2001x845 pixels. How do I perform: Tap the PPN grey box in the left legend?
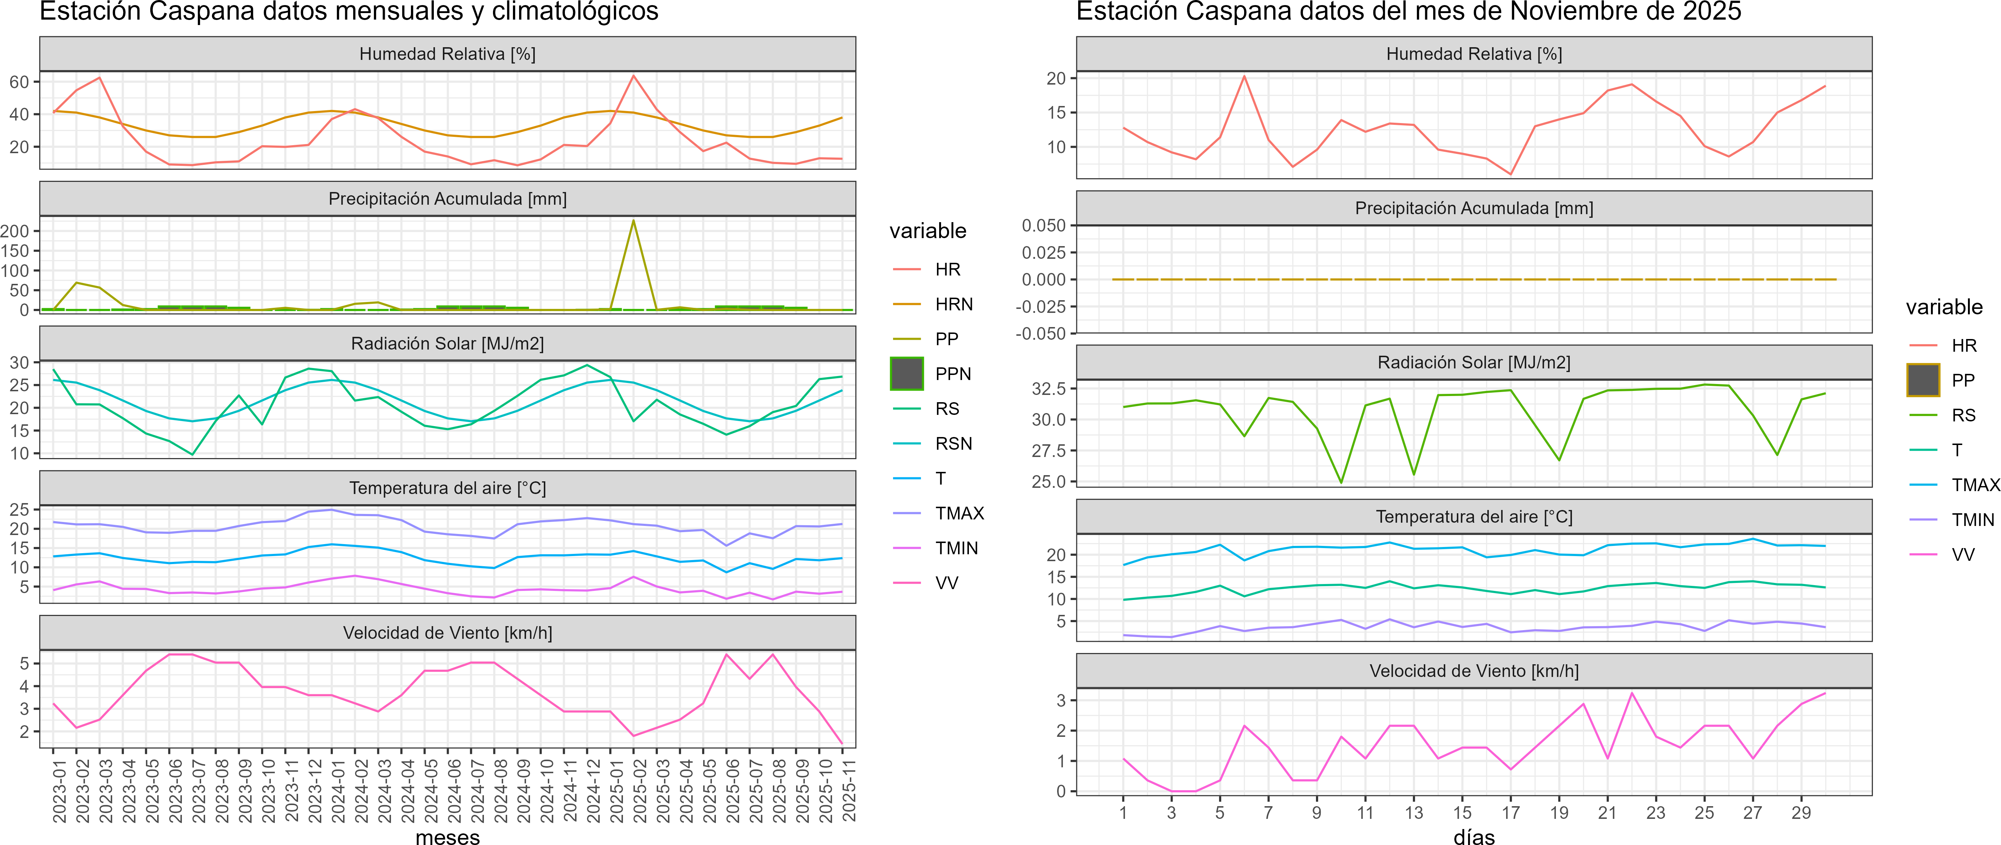[906, 373]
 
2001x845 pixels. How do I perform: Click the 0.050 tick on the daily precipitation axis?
[1043, 225]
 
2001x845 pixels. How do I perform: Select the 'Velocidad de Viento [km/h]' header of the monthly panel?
[447, 633]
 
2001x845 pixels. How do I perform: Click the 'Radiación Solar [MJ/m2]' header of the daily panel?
[1474, 363]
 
